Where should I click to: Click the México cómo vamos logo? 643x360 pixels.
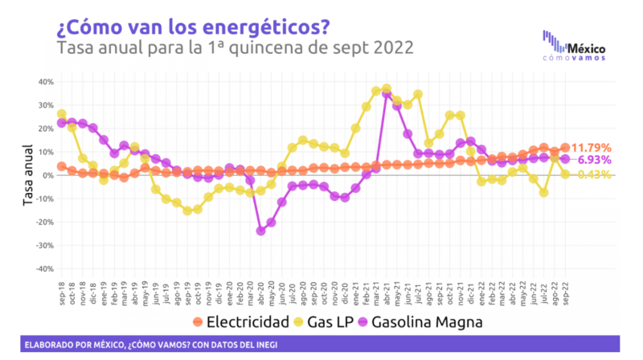[575, 46]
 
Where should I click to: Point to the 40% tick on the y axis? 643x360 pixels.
[44, 82]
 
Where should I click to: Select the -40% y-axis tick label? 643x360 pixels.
[43, 269]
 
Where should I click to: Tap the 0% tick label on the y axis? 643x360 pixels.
[47, 175]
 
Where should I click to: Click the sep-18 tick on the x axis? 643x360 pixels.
[62, 287]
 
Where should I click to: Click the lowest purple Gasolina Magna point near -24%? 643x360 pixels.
[260, 231]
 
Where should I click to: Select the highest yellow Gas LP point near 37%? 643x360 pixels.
[387, 88]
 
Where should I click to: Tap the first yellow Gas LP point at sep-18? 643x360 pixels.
[61, 114]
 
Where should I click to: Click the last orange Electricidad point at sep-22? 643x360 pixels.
[565, 148]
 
